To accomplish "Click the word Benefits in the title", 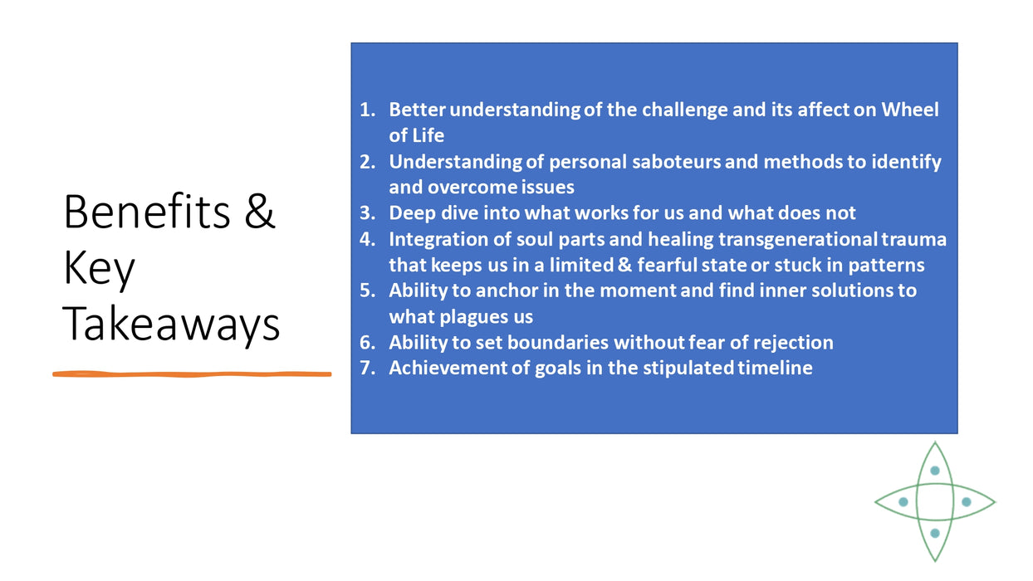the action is click(147, 212).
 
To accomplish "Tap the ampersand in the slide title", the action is click(260, 212).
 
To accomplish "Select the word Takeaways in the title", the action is click(171, 325).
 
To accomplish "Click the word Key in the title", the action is click(99, 270).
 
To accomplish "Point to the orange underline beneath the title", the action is click(192, 374).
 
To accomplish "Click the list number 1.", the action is click(367, 110).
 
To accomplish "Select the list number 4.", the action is click(367, 239).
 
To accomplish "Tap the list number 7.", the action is click(367, 368).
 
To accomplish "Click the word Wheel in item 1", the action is click(910, 110).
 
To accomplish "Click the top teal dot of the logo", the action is click(935, 471).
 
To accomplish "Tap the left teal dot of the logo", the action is click(903, 502).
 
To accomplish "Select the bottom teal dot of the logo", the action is click(935, 534).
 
